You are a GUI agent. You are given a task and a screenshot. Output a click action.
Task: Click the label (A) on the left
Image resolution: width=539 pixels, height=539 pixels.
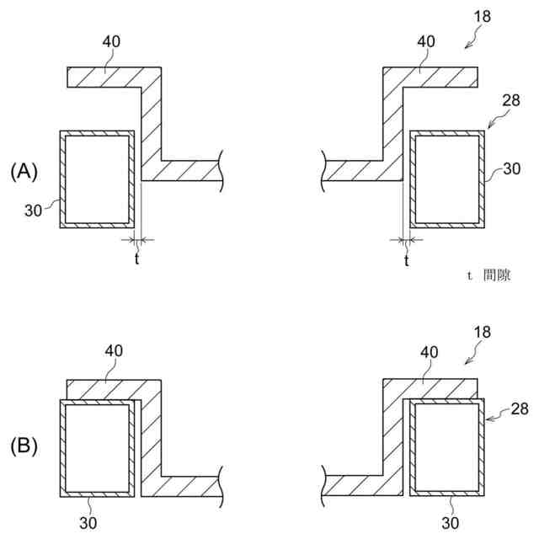(x=24, y=171)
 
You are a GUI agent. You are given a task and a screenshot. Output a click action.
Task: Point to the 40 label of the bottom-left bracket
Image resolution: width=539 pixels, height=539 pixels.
(x=113, y=350)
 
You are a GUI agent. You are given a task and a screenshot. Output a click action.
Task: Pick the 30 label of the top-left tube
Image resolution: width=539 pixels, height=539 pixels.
(x=33, y=210)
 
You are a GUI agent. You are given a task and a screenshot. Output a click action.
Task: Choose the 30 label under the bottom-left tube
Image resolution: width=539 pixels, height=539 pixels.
(x=89, y=522)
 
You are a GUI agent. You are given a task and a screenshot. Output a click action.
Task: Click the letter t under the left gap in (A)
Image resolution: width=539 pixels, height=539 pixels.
(x=136, y=261)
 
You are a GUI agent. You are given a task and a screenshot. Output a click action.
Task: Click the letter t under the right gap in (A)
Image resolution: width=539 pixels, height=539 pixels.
(x=406, y=261)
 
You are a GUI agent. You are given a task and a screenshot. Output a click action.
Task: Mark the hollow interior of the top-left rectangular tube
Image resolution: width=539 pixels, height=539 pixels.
(x=97, y=179)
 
